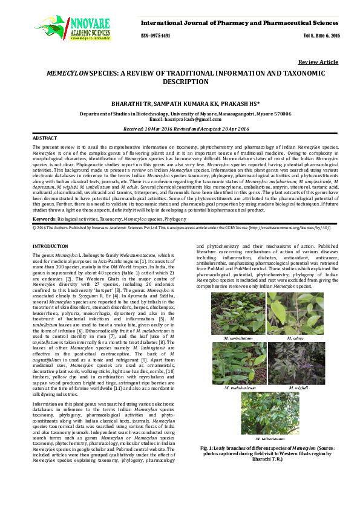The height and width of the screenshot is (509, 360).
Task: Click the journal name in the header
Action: (x=240, y=22)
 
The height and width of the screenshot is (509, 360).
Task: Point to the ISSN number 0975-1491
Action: (x=156, y=36)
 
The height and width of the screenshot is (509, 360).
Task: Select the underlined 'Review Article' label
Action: (x=318, y=62)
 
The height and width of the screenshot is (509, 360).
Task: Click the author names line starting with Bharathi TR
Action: (x=180, y=103)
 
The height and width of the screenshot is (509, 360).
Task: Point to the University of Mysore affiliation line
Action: (x=180, y=114)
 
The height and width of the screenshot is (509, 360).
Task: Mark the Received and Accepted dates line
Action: (x=180, y=129)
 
